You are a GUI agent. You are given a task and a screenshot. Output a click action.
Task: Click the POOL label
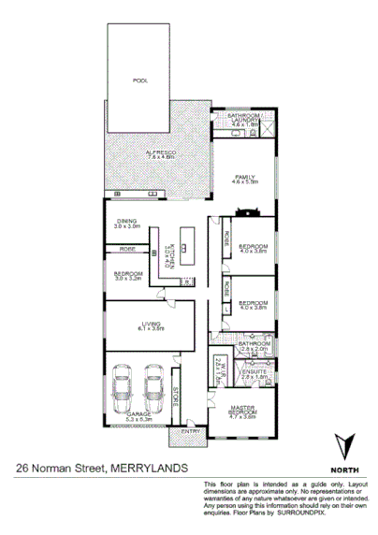(140, 81)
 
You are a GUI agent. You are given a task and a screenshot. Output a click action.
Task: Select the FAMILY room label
(246, 177)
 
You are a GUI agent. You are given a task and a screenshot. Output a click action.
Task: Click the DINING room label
(126, 223)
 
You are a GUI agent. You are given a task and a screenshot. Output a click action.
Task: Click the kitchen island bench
(185, 250)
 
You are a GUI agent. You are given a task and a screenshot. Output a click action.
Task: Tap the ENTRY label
(190, 430)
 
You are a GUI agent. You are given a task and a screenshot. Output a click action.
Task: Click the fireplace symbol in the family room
(246, 211)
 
